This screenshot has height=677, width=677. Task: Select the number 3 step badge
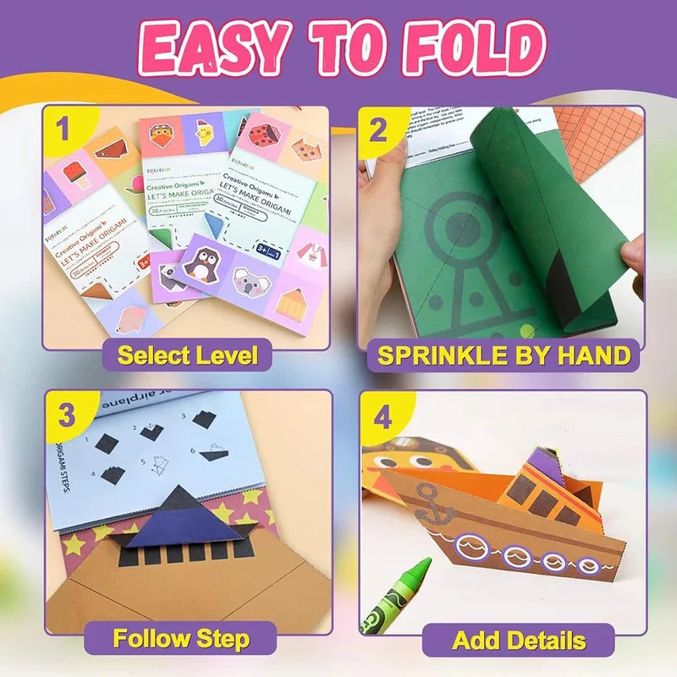65,416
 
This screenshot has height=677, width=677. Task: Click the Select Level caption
187,355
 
